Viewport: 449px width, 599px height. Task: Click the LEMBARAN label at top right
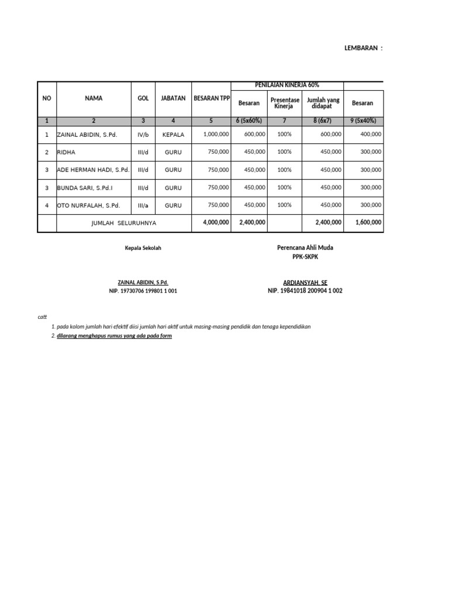pyautogui.click(x=363, y=49)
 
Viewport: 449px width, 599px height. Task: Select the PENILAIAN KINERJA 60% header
pyautogui.click(x=287, y=85)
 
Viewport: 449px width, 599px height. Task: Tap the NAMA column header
pyautogui.click(x=94, y=98)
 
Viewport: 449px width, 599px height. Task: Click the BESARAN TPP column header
pyautogui.click(x=211, y=98)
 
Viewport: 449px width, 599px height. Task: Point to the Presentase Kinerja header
pyautogui.click(x=285, y=103)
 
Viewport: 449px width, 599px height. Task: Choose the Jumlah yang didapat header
pyautogui.click(x=323, y=103)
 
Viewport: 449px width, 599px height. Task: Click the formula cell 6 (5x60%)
pyautogui.click(x=249, y=121)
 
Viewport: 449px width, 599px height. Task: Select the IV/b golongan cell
pyautogui.click(x=143, y=135)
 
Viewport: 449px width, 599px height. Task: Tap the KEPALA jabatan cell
pyautogui.click(x=173, y=135)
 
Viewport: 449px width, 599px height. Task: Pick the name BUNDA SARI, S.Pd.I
pyautogui.click(x=85, y=187)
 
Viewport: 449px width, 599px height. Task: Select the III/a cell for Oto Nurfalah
pyautogui.click(x=143, y=205)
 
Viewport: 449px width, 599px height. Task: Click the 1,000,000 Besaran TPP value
pyautogui.click(x=216, y=135)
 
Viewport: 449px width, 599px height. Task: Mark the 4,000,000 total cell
pyautogui.click(x=216, y=223)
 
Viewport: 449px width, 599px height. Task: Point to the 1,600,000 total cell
pyautogui.click(x=368, y=223)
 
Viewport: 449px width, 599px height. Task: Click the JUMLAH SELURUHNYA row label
pyautogui.click(x=124, y=223)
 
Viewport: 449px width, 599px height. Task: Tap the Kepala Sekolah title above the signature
pyautogui.click(x=143, y=248)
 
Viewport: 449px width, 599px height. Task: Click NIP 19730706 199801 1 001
pyautogui.click(x=143, y=291)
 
